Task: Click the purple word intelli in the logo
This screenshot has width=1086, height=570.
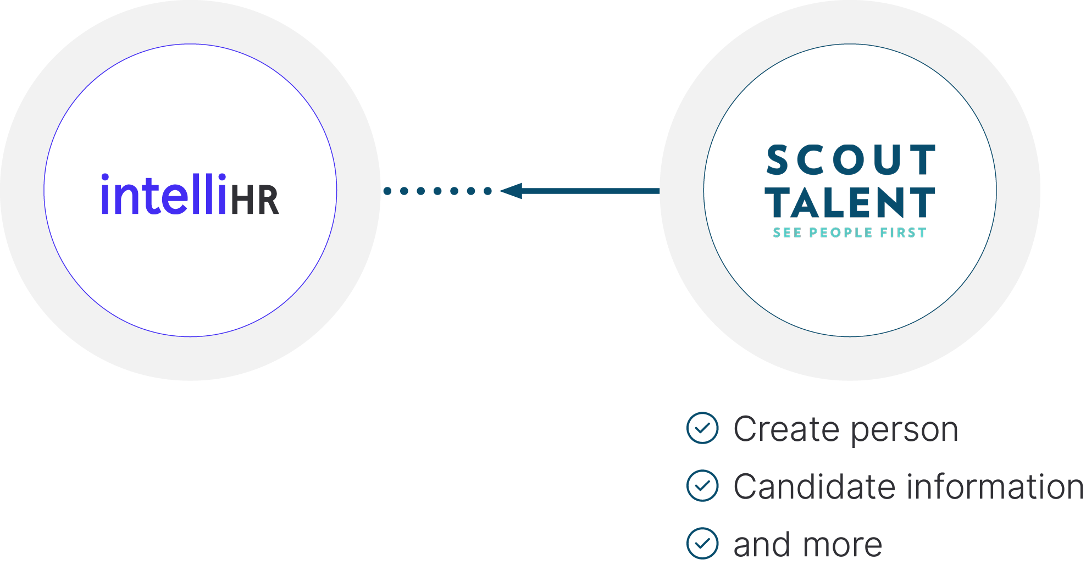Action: click(x=163, y=195)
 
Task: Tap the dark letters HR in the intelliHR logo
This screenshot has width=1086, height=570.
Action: click(x=254, y=200)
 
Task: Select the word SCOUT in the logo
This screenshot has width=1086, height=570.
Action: click(x=850, y=160)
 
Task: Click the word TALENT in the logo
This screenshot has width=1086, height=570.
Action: click(x=850, y=202)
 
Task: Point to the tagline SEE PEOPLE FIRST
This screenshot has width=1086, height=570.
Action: click(x=850, y=233)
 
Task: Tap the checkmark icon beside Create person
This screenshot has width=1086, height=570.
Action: click(x=702, y=428)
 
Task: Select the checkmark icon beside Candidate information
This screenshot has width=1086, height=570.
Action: click(x=702, y=485)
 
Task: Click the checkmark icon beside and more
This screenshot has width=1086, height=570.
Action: click(x=702, y=543)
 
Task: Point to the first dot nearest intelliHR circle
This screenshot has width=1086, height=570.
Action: click(x=387, y=191)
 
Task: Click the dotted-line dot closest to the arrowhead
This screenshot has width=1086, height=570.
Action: click(x=487, y=191)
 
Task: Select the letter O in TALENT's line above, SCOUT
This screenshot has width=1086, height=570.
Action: click(x=851, y=160)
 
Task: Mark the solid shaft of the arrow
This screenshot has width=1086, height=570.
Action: click(x=591, y=191)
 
